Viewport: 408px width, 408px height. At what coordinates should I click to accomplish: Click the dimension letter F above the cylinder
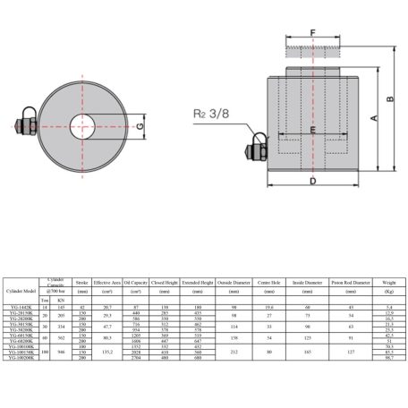[312, 34]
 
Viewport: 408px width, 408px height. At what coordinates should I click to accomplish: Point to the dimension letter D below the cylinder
[311, 183]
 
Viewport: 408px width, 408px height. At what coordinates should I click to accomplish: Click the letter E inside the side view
[311, 131]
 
